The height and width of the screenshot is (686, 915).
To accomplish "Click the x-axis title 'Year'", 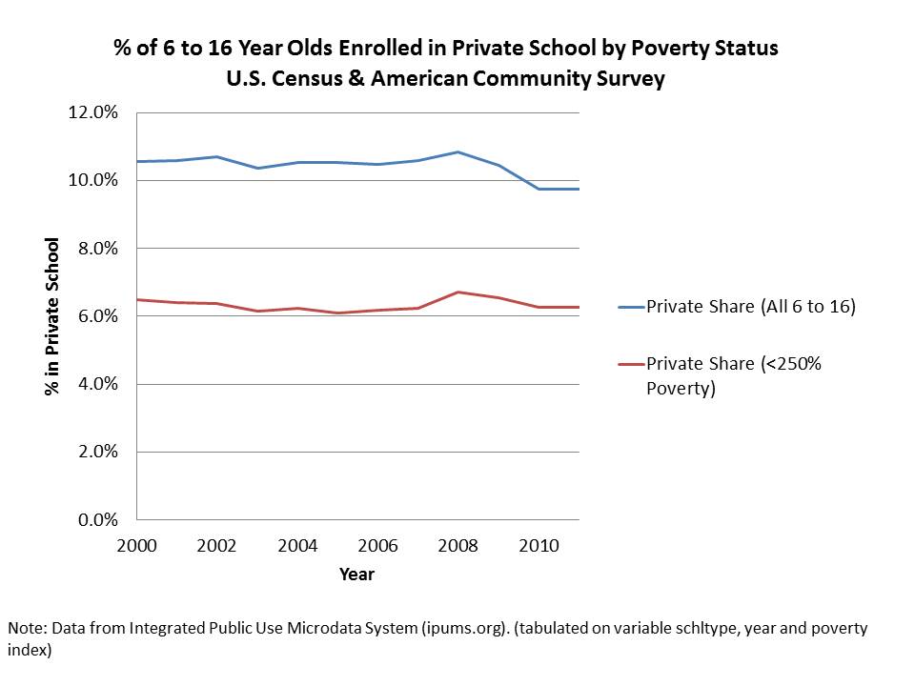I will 357,574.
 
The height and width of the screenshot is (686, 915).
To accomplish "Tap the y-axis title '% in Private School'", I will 54,317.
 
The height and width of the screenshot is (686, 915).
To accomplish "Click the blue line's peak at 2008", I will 458,151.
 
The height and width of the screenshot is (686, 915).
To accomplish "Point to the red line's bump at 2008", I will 458,292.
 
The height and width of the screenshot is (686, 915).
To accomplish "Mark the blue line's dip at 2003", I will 257,168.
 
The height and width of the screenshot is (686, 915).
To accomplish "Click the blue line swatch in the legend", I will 631,307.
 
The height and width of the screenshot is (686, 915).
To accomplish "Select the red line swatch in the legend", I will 631,363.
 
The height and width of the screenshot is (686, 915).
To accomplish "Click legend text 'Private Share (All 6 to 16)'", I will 751,307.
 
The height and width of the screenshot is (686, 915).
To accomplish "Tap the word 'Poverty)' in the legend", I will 681,388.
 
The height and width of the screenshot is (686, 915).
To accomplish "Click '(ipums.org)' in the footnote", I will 461,630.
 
